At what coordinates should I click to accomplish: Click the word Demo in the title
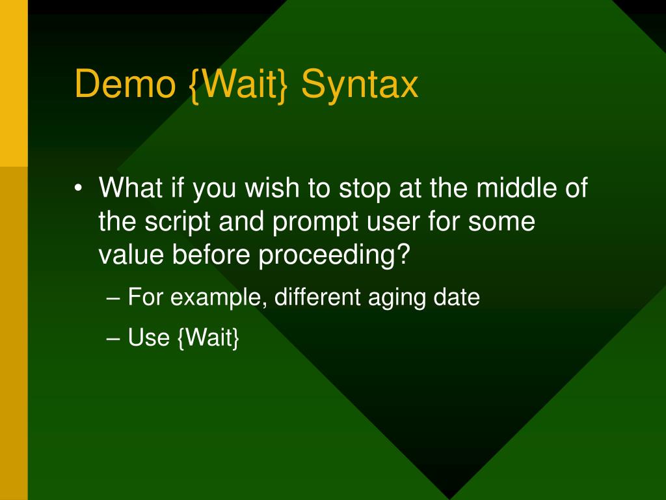click(126, 84)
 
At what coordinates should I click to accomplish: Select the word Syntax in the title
click(360, 86)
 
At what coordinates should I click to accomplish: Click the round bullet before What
click(77, 187)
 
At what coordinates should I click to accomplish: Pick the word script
click(178, 222)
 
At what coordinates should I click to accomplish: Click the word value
click(131, 255)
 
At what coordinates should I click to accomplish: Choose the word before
click(211, 255)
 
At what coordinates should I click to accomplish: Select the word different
click(317, 297)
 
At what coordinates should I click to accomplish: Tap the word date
click(457, 297)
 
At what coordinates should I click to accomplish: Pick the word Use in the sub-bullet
click(149, 338)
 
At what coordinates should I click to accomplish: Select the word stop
click(364, 189)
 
